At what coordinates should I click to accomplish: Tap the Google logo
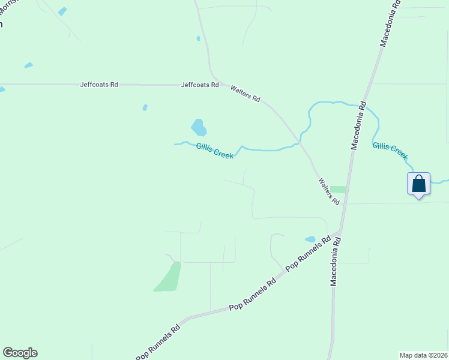tap(20, 353)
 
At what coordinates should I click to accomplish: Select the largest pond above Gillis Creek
tap(199, 127)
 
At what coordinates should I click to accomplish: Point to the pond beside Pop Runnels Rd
tap(310, 239)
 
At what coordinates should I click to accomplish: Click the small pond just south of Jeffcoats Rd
tap(145, 108)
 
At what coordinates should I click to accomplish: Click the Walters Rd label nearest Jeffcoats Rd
tap(246, 94)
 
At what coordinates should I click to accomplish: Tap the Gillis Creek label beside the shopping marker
tap(390, 151)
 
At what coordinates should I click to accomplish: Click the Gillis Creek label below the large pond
tap(214, 150)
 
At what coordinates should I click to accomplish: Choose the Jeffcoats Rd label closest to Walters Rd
tap(200, 85)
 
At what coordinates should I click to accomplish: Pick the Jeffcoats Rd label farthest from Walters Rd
tap(99, 85)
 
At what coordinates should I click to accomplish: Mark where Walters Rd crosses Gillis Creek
tap(298, 144)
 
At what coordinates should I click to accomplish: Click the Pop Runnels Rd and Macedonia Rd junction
tap(340, 230)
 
